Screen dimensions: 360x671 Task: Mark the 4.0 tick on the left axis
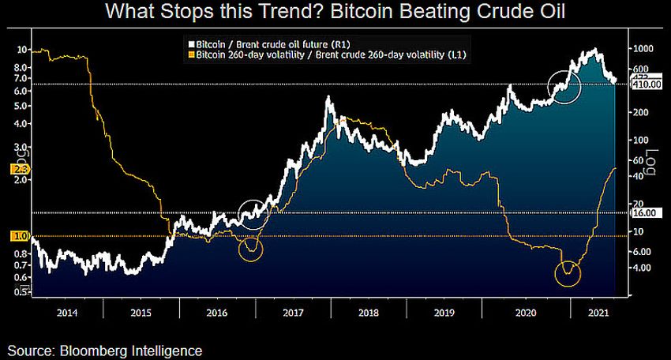(21, 123)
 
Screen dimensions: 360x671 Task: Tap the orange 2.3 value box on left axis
(20, 169)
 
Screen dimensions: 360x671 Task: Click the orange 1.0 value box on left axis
(20, 236)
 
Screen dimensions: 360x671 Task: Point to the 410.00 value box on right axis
(646, 84)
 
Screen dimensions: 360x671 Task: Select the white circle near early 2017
(253, 214)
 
